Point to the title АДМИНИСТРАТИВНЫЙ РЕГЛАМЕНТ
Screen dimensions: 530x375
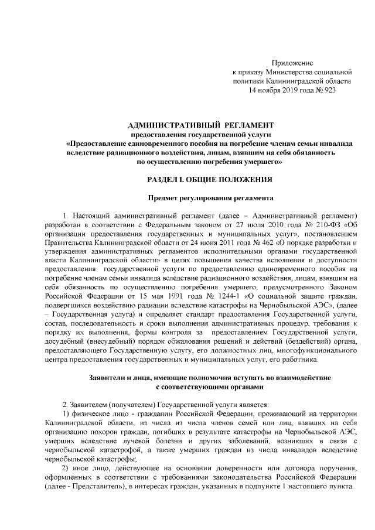click(200, 125)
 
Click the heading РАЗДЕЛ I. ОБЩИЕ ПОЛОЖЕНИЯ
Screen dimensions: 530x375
click(200, 177)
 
